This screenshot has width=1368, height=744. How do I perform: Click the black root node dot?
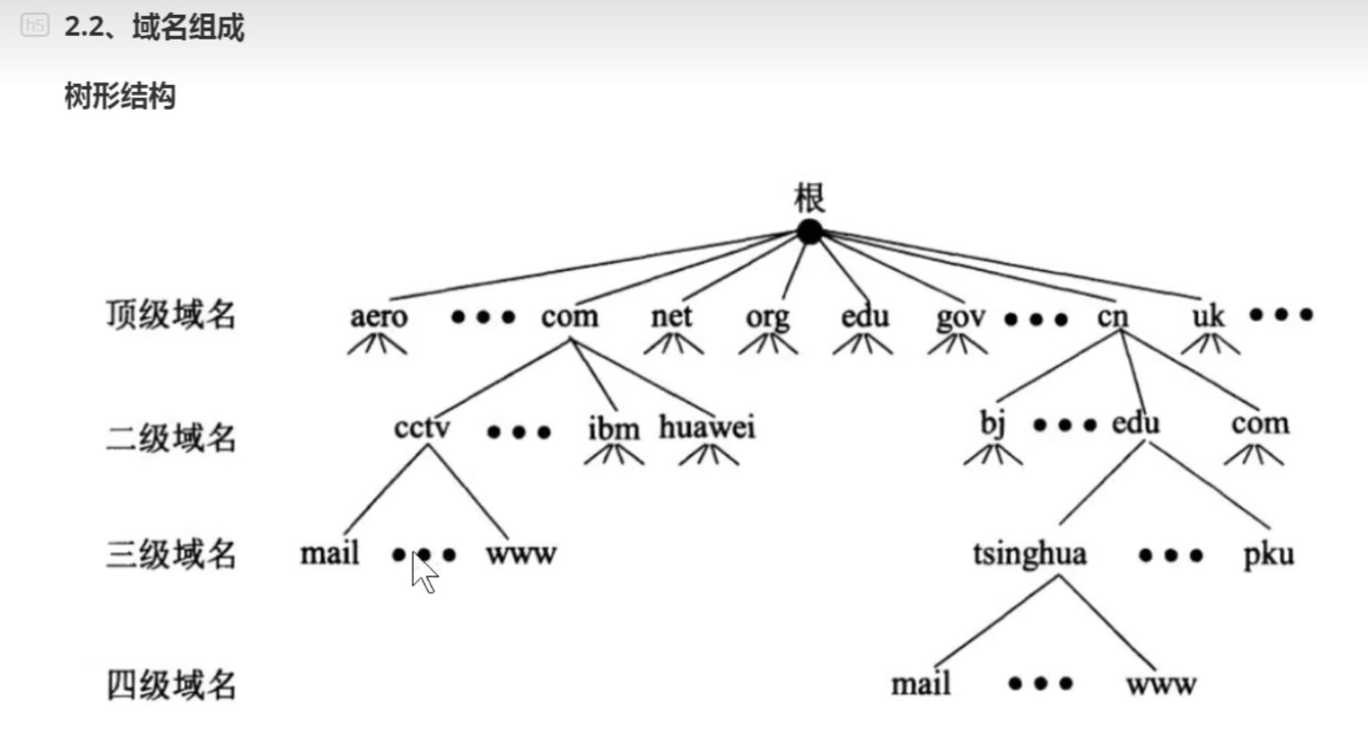click(x=809, y=232)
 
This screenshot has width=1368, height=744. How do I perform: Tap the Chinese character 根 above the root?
click(x=809, y=198)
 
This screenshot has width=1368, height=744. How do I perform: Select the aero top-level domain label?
click(x=379, y=315)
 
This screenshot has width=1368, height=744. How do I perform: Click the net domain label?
click(x=671, y=315)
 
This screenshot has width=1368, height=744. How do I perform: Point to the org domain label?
click(x=767, y=317)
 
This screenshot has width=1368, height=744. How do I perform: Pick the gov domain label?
click(x=960, y=317)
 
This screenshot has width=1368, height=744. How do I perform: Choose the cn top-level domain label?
click(x=1113, y=315)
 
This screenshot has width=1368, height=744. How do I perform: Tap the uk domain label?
click(x=1208, y=315)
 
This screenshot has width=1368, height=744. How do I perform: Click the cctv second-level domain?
click(x=422, y=428)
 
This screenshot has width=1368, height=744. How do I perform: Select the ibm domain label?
click(x=613, y=429)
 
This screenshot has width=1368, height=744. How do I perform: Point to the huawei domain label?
click(x=707, y=428)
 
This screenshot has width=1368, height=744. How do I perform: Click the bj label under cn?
click(x=992, y=424)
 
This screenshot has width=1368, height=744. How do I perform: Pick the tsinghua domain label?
click(x=1030, y=555)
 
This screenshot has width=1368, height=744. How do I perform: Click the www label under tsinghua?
click(x=1161, y=684)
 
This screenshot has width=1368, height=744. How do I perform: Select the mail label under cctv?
click(x=330, y=554)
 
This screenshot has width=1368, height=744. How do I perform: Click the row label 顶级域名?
click(x=171, y=314)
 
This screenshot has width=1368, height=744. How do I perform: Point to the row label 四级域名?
click(x=171, y=684)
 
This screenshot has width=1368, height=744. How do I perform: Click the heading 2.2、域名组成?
click(x=154, y=27)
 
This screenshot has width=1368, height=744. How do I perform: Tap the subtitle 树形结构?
click(x=120, y=96)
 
